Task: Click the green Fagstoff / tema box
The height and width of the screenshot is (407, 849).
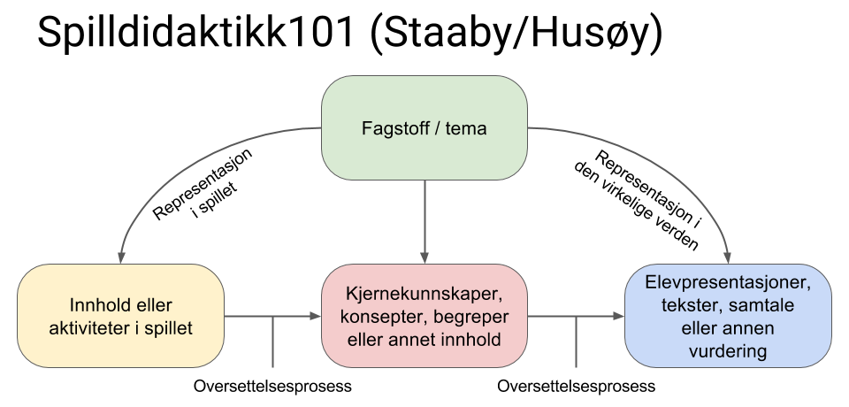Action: coord(424,128)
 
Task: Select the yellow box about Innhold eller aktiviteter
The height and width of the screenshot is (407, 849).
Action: coord(121,316)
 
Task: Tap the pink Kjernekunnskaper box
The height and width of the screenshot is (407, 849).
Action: coord(424,316)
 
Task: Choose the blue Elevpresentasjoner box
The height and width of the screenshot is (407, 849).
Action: coord(728,316)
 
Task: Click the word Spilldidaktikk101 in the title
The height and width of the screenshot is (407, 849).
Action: coord(195,32)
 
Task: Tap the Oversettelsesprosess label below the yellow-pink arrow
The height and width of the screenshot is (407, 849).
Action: coord(272,387)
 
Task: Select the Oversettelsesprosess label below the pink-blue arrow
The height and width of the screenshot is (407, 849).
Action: coord(576,387)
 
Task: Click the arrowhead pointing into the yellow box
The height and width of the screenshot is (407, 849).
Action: coord(121,258)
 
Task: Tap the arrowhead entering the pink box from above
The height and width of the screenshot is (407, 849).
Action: coord(424,258)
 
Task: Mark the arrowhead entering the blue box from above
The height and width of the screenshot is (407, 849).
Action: coord(728,258)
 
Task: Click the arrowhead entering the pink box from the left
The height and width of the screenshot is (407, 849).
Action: coord(315,316)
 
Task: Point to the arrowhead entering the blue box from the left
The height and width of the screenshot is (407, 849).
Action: coord(618,316)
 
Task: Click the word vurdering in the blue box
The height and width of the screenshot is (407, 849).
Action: coord(728,352)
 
